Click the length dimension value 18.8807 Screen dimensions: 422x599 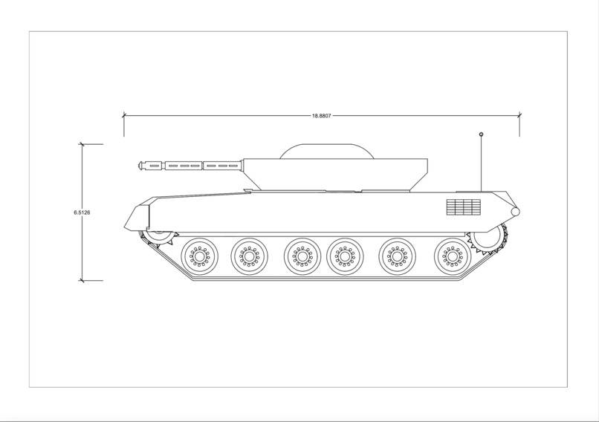click(x=321, y=116)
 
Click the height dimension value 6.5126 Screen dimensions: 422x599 click(x=82, y=213)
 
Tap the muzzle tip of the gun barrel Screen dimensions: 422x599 click(x=140, y=165)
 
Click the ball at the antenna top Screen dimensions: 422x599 click(x=481, y=134)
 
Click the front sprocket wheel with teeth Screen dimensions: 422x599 click(x=160, y=237)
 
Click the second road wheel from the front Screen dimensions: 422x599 click(x=250, y=256)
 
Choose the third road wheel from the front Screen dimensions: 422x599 click(x=302, y=256)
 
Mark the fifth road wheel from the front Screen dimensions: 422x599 click(x=398, y=256)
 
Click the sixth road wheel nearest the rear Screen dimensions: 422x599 click(x=451, y=256)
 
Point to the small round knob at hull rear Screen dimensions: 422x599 click(x=515, y=212)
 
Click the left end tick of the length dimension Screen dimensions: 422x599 click(x=124, y=115)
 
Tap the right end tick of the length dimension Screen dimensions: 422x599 click(x=519, y=115)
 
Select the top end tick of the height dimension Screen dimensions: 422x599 click(x=82, y=144)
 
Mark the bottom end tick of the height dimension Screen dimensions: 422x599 click(x=82, y=281)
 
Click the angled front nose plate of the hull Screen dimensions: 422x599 click(x=136, y=217)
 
